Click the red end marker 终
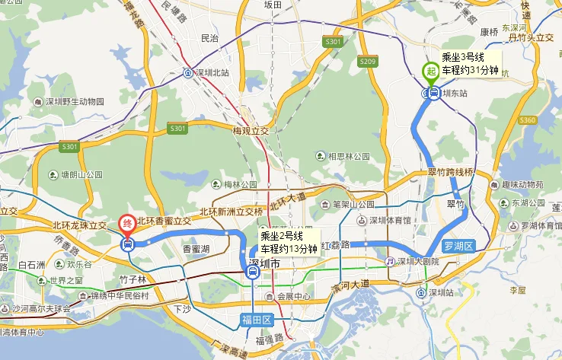click(128, 225)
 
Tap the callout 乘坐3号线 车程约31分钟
click(471, 64)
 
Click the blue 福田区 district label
click(257, 320)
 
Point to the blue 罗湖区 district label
click(458, 246)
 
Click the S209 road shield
click(367, 61)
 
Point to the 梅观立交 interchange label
click(251, 131)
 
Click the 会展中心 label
click(294, 296)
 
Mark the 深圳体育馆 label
click(390, 221)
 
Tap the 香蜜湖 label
click(196, 249)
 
